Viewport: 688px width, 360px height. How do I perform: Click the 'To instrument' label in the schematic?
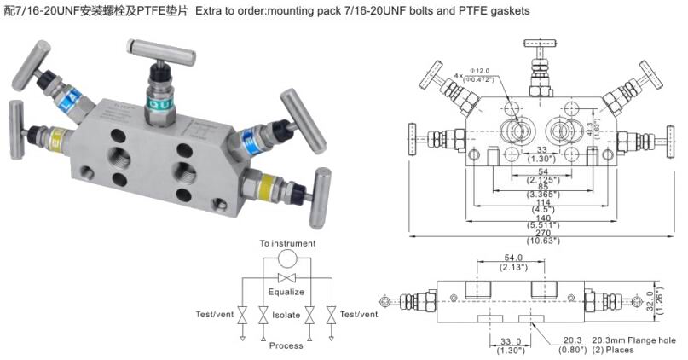(287, 243)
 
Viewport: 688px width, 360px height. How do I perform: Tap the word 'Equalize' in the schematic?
(286, 292)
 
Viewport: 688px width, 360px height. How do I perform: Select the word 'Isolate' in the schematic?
(286, 315)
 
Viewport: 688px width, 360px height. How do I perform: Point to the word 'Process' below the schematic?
(286, 345)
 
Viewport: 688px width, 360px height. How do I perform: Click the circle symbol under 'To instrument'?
(287, 259)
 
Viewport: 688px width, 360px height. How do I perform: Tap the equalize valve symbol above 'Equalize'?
(286, 278)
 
